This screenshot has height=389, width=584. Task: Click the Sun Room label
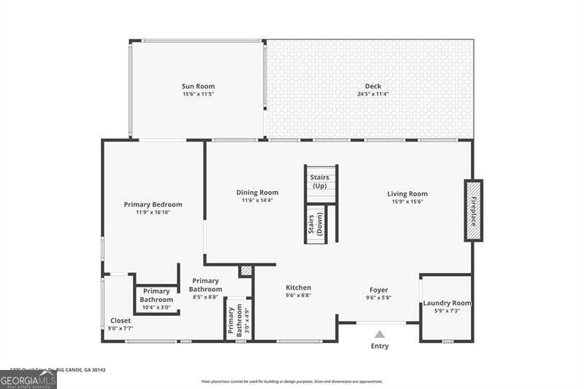(199, 86)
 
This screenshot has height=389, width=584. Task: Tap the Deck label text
(373, 86)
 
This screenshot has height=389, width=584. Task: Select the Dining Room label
(257, 193)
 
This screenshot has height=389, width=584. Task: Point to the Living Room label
(407, 193)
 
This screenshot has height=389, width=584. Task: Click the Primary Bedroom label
(153, 204)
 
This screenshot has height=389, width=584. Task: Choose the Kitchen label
(298, 288)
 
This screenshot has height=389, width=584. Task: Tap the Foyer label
(379, 289)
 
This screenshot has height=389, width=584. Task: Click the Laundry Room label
(447, 303)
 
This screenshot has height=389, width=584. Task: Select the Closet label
(120, 320)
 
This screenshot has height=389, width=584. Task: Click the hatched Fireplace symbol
(473, 210)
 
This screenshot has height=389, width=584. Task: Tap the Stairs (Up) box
(320, 182)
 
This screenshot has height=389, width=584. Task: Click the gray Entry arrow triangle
(380, 334)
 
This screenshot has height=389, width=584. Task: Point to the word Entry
(380, 346)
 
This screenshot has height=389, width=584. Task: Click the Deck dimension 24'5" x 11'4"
(373, 94)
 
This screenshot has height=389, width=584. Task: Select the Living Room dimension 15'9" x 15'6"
(407, 201)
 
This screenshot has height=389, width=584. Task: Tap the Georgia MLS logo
(28, 379)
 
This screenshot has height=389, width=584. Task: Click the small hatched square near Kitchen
(246, 271)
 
